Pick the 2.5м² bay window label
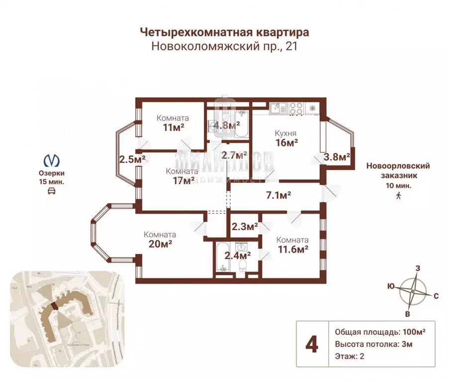pos(132,159)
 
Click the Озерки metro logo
pos(52,160)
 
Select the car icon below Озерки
pos(52,191)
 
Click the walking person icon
pos(398,196)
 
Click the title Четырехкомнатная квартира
pos(224,32)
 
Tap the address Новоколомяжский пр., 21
pos(224,46)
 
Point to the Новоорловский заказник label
pos(398,170)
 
